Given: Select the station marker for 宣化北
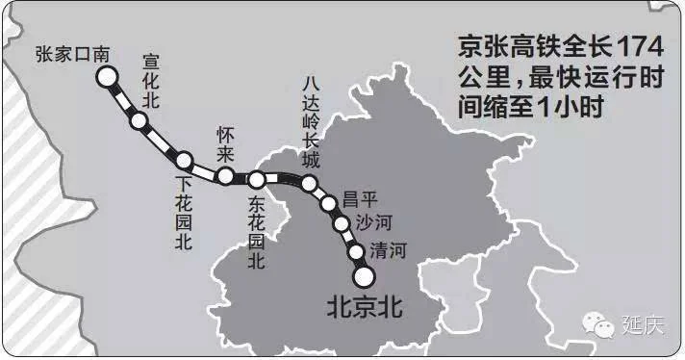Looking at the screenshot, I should point(140,121).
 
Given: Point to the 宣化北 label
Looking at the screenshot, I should point(152,80).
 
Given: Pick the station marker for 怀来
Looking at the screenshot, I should point(225,175).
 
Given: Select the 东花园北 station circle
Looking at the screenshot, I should point(257,179).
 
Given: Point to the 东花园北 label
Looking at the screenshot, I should point(255,232).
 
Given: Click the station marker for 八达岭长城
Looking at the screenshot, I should point(309,183).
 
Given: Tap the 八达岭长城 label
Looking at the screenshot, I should point(308,120).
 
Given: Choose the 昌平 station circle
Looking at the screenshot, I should point(328,203).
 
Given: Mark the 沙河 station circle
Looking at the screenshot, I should point(342,225).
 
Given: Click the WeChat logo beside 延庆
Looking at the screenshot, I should point(603,324).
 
